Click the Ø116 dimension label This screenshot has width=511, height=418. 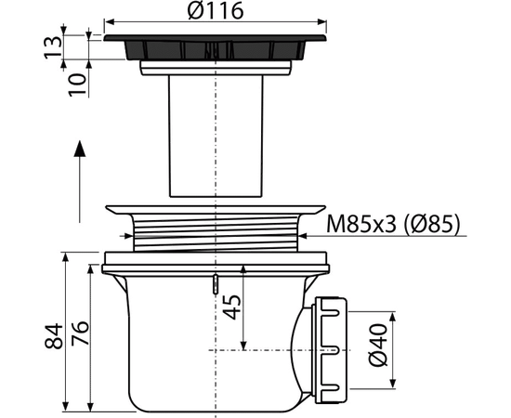[x=216, y=10]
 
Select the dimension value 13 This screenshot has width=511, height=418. [x=53, y=47]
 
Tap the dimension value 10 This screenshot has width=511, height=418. [x=78, y=85]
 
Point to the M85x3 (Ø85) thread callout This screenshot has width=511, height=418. [x=393, y=224]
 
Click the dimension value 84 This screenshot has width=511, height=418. [x=54, y=336]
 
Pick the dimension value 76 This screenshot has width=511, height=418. [x=80, y=333]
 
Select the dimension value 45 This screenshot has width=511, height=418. [x=232, y=307]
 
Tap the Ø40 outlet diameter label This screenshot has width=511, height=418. [x=378, y=345]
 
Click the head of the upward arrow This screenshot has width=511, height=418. [x=80, y=149]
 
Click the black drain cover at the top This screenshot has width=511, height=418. [x=216, y=47]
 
